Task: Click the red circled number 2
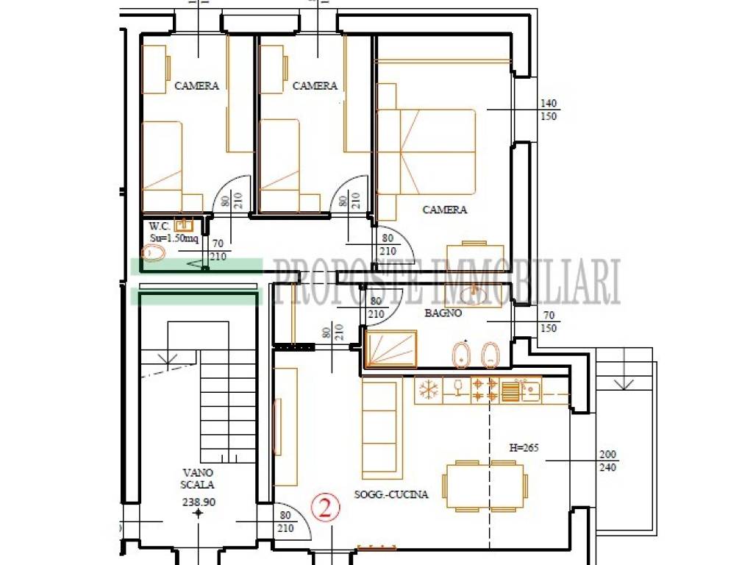click(x=325, y=508)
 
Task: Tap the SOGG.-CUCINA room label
click(x=391, y=494)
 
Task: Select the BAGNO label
click(x=443, y=313)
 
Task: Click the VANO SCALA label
click(x=197, y=478)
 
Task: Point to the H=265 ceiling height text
click(x=524, y=448)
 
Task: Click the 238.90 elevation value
click(x=199, y=502)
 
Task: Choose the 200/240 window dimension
click(x=607, y=461)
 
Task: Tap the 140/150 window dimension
click(x=549, y=110)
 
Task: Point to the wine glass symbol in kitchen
click(x=457, y=388)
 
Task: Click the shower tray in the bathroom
click(x=391, y=348)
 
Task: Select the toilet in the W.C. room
click(x=154, y=253)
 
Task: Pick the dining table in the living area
click(x=484, y=486)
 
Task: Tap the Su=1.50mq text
click(x=174, y=238)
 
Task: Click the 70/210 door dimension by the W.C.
click(x=218, y=250)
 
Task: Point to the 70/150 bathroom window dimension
click(x=549, y=322)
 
